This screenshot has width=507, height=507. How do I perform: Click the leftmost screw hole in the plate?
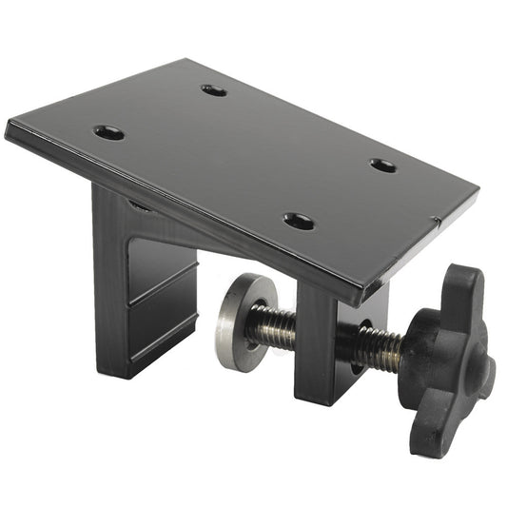(108, 132)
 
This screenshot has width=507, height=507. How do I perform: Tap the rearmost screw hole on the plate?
(214, 90)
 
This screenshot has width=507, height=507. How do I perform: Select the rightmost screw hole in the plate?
(382, 165)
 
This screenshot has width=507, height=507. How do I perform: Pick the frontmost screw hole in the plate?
(299, 222)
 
